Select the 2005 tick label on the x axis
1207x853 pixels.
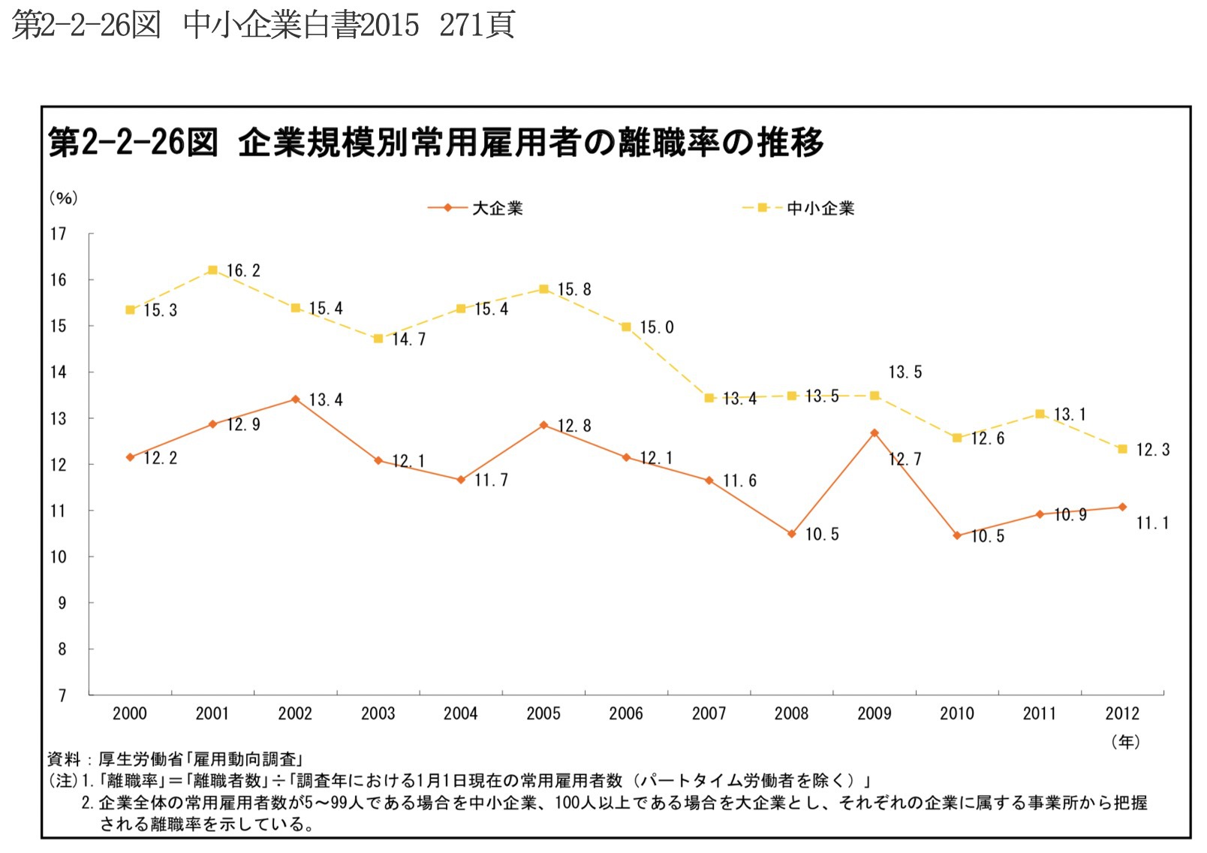[x=543, y=713]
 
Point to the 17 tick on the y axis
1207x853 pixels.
[x=59, y=234]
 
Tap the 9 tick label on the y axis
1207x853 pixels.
[x=62, y=603]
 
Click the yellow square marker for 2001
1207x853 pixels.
[x=212, y=270]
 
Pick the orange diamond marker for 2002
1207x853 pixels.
[x=295, y=399]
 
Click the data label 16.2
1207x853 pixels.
[x=243, y=271]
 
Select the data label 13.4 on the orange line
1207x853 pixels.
[x=326, y=400]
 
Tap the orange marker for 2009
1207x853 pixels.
[x=874, y=433]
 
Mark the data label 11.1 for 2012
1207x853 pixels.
[x=1152, y=523]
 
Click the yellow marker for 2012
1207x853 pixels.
[x=1122, y=449]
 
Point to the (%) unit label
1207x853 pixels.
[x=64, y=197]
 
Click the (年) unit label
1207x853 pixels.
[x=1125, y=742]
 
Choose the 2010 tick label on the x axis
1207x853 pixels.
[x=956, y=713]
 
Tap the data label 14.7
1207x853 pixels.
[x=408, y=339]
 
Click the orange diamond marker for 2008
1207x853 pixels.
[x=791, y=534]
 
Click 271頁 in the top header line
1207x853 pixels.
[x=477, y=26]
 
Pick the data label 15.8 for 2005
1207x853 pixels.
[x=574, y=290]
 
